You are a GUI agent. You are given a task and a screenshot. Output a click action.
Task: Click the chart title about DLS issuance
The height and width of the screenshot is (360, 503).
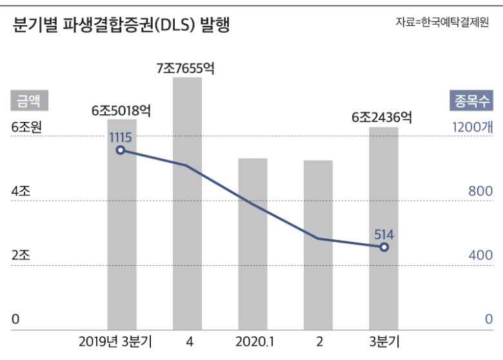pyautogui.click(x=121, y=25)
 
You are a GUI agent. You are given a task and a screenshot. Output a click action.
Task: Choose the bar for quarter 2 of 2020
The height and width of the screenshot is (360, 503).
pyautogui.click(x=318, y=245)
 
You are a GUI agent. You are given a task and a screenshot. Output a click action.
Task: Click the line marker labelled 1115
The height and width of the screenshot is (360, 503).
pyautogui.click(x=121, y=150)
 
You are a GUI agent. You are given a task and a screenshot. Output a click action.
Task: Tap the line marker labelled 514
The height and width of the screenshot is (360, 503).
pyautogui.click(x=384, y=247)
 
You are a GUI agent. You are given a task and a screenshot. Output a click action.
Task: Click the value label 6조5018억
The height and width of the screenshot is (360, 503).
pyautogui.click(x=121, y=110)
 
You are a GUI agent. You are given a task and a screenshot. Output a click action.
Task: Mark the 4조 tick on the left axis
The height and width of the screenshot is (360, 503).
pyautogui.click(x=21, y=192)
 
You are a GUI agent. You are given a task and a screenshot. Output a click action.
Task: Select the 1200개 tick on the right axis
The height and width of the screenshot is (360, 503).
pyautogui.click(x=472, y=128)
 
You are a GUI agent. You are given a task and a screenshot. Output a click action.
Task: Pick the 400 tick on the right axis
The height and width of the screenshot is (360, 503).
pyautogui.click(x=480, y=255)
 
